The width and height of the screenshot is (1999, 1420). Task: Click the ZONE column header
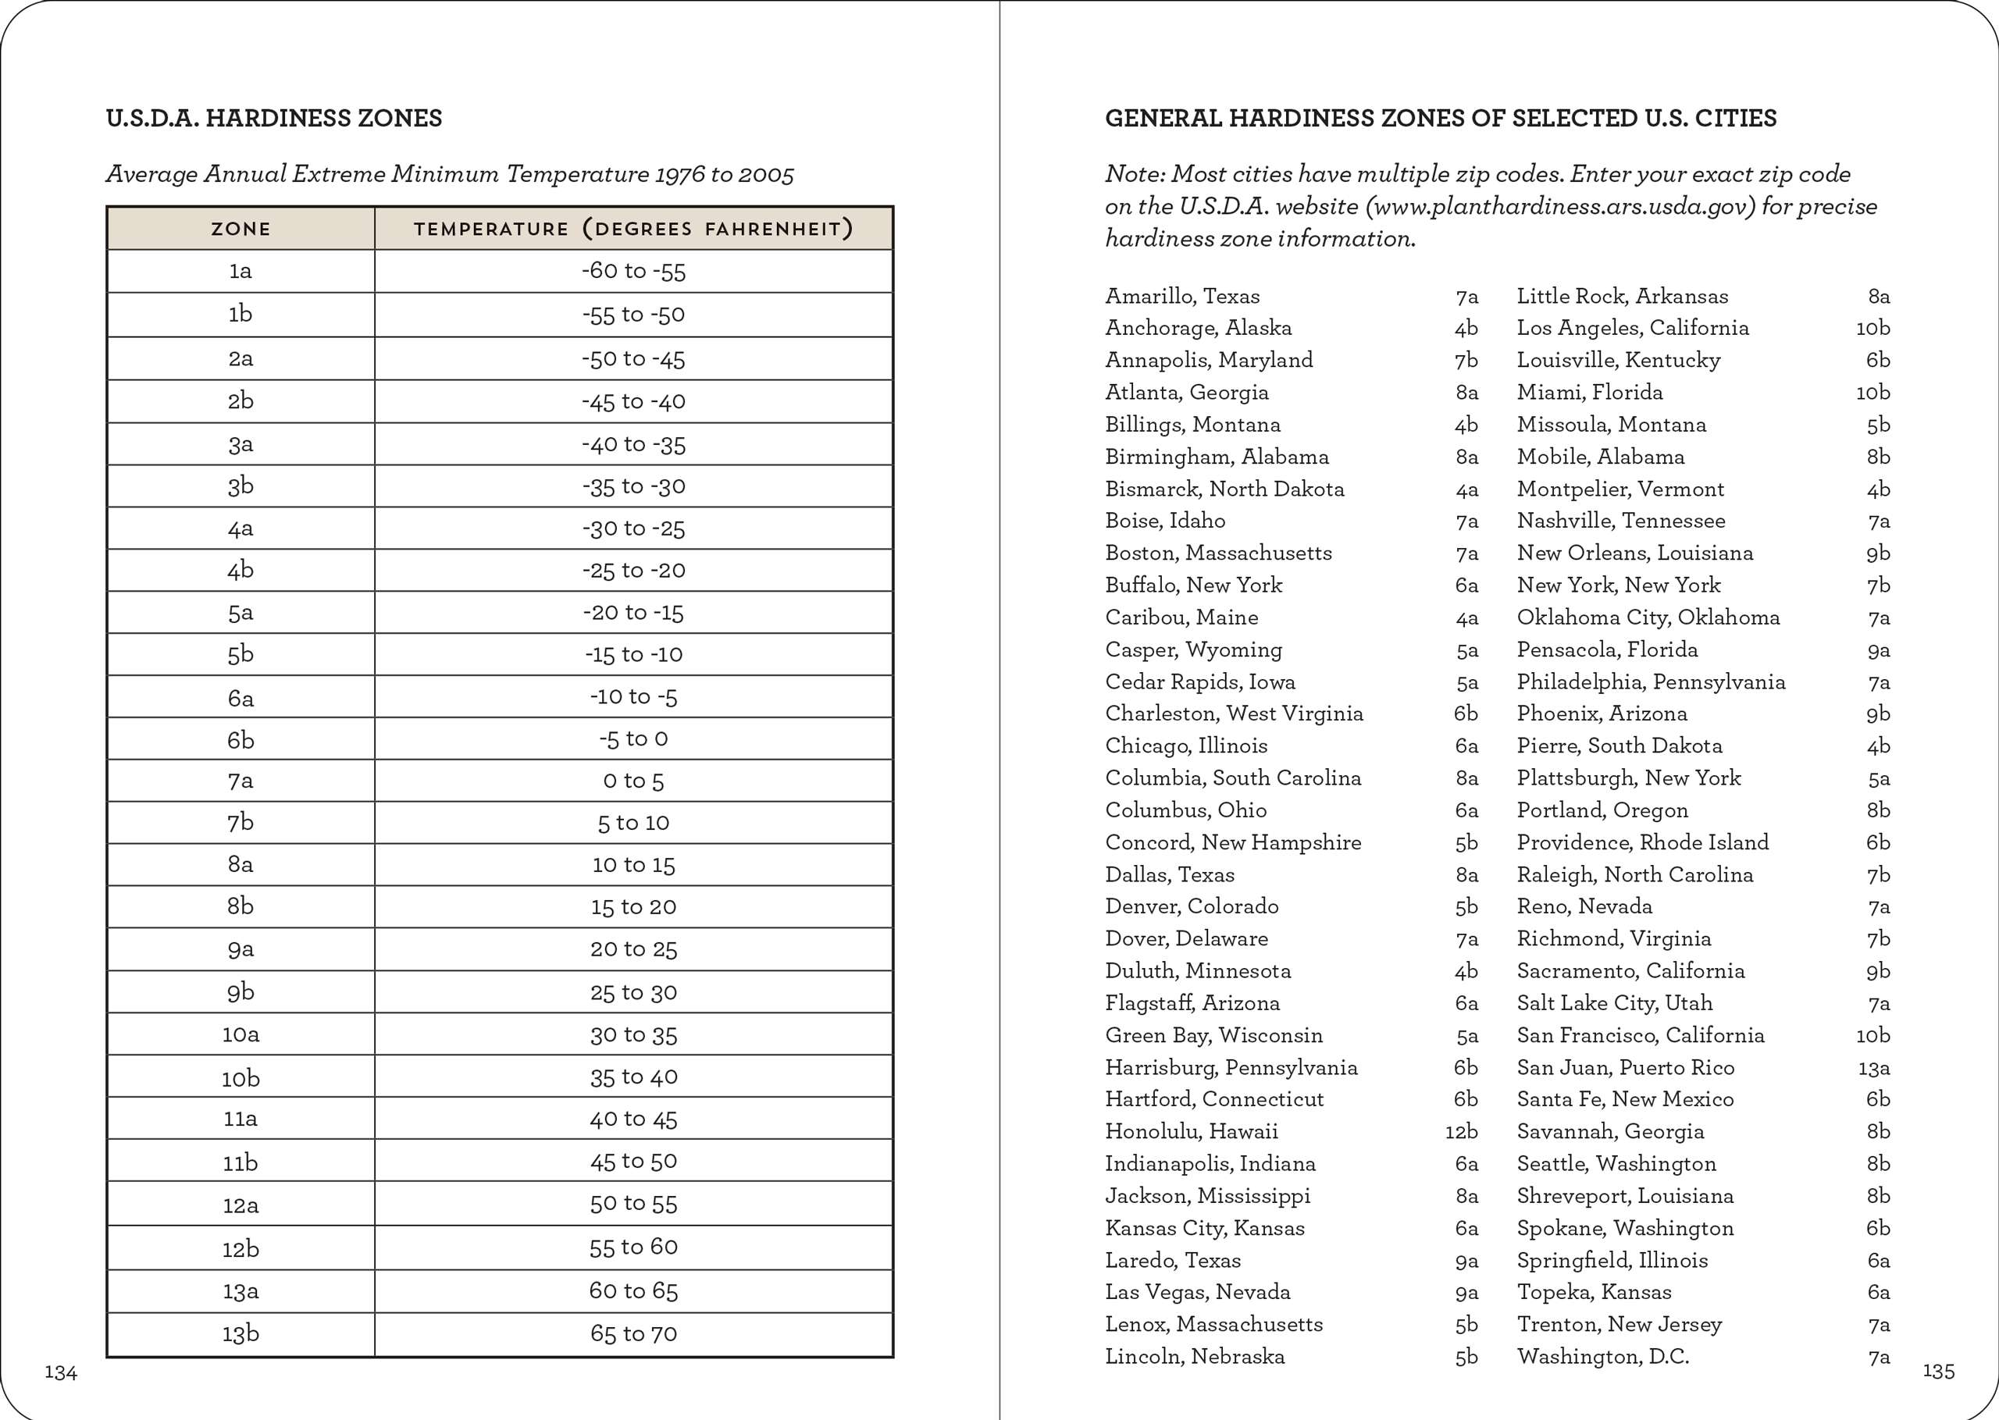pyautogui.click(x=241, y=229)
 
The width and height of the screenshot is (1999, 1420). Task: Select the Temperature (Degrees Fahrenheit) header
pyautogui.click(x=633, y=229)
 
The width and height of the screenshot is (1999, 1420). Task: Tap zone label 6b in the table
pyautogui.click(x=241, y=740)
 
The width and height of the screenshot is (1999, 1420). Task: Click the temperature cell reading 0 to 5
pyautogui.click(x=633, y=781)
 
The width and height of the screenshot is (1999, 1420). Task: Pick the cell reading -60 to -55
pyautogui.click(x=633, y=271)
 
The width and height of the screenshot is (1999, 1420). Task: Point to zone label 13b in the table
pyautogui.click(x=241, y=1333)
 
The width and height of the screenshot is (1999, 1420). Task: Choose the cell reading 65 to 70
pyautogui.click(x=633, y=1333)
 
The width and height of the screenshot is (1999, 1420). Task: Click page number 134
pyautogui.click(x=60, y=1373)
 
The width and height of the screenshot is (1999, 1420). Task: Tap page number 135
pyautogui.click(x=1938, y=1371)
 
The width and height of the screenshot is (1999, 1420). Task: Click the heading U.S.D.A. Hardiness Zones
pyautogui.click(x=274, y=118)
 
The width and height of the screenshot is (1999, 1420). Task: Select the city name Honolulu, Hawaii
pyautogui.click(x=1191, y=1131)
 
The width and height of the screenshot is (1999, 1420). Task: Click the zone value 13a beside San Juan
pyautogui.click(x=1873, y=1068)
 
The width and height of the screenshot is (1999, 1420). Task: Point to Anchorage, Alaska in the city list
pyautogui.click(x=1198, y=328)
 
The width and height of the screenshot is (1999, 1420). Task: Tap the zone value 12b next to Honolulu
pyautogui.click(x=1461, y=1131)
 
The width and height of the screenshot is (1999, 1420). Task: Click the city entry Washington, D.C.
pyautogui.click(x=1602, y=1356)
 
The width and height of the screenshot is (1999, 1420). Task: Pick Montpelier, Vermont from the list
pyautogui.click(x=1620, y=489)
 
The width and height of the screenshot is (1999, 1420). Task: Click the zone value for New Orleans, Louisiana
pyautogui.click(x=1877, y=553)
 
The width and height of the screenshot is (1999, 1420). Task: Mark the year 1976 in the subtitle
pyautogui.click(x=680, y=174)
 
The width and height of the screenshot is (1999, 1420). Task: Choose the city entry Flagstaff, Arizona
pyautogui.click(x=1192, y=1003)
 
